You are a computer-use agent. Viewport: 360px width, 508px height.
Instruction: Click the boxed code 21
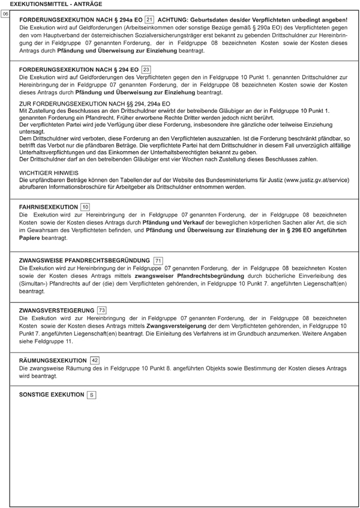149,20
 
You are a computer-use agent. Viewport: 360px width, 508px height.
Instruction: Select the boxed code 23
146,70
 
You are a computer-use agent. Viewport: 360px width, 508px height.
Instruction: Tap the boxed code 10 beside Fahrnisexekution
85,207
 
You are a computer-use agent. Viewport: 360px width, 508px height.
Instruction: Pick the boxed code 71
158,260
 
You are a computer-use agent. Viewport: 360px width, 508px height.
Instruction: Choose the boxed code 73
102,310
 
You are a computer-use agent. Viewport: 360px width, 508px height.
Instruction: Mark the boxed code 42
95,360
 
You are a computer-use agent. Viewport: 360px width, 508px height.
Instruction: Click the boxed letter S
91,395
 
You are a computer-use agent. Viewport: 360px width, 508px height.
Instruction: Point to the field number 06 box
5,13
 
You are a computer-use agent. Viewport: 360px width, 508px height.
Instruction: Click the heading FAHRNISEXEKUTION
49,207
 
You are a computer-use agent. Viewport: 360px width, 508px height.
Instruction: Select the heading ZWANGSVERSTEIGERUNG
57,310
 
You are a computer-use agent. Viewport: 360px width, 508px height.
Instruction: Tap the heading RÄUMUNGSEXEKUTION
53,360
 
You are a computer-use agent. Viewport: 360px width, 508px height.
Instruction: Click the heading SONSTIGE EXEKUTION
52,395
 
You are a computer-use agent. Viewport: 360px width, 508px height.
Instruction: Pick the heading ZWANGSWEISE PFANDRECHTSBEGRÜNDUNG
85,260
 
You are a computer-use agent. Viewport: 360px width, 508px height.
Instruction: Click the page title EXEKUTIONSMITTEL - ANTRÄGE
52,4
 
